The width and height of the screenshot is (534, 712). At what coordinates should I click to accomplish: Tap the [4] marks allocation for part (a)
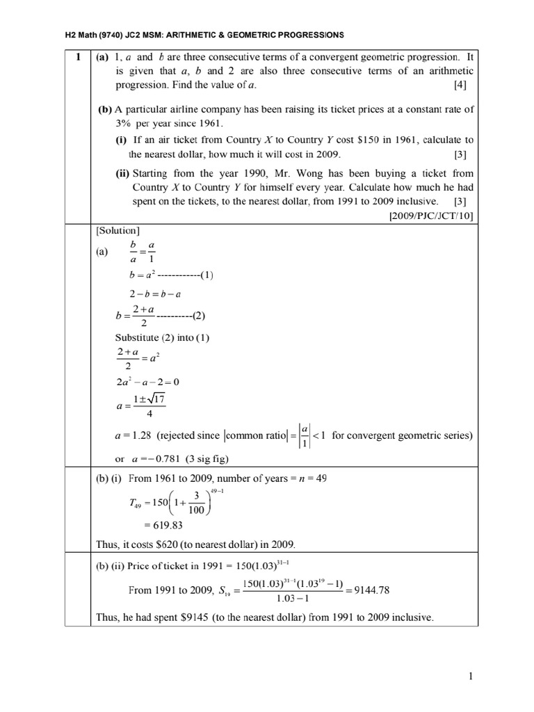[x=460, y=86]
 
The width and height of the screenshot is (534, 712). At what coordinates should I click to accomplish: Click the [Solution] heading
[x=116, y=230]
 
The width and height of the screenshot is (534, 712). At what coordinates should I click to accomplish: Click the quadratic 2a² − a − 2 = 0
[x=151, y=382]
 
